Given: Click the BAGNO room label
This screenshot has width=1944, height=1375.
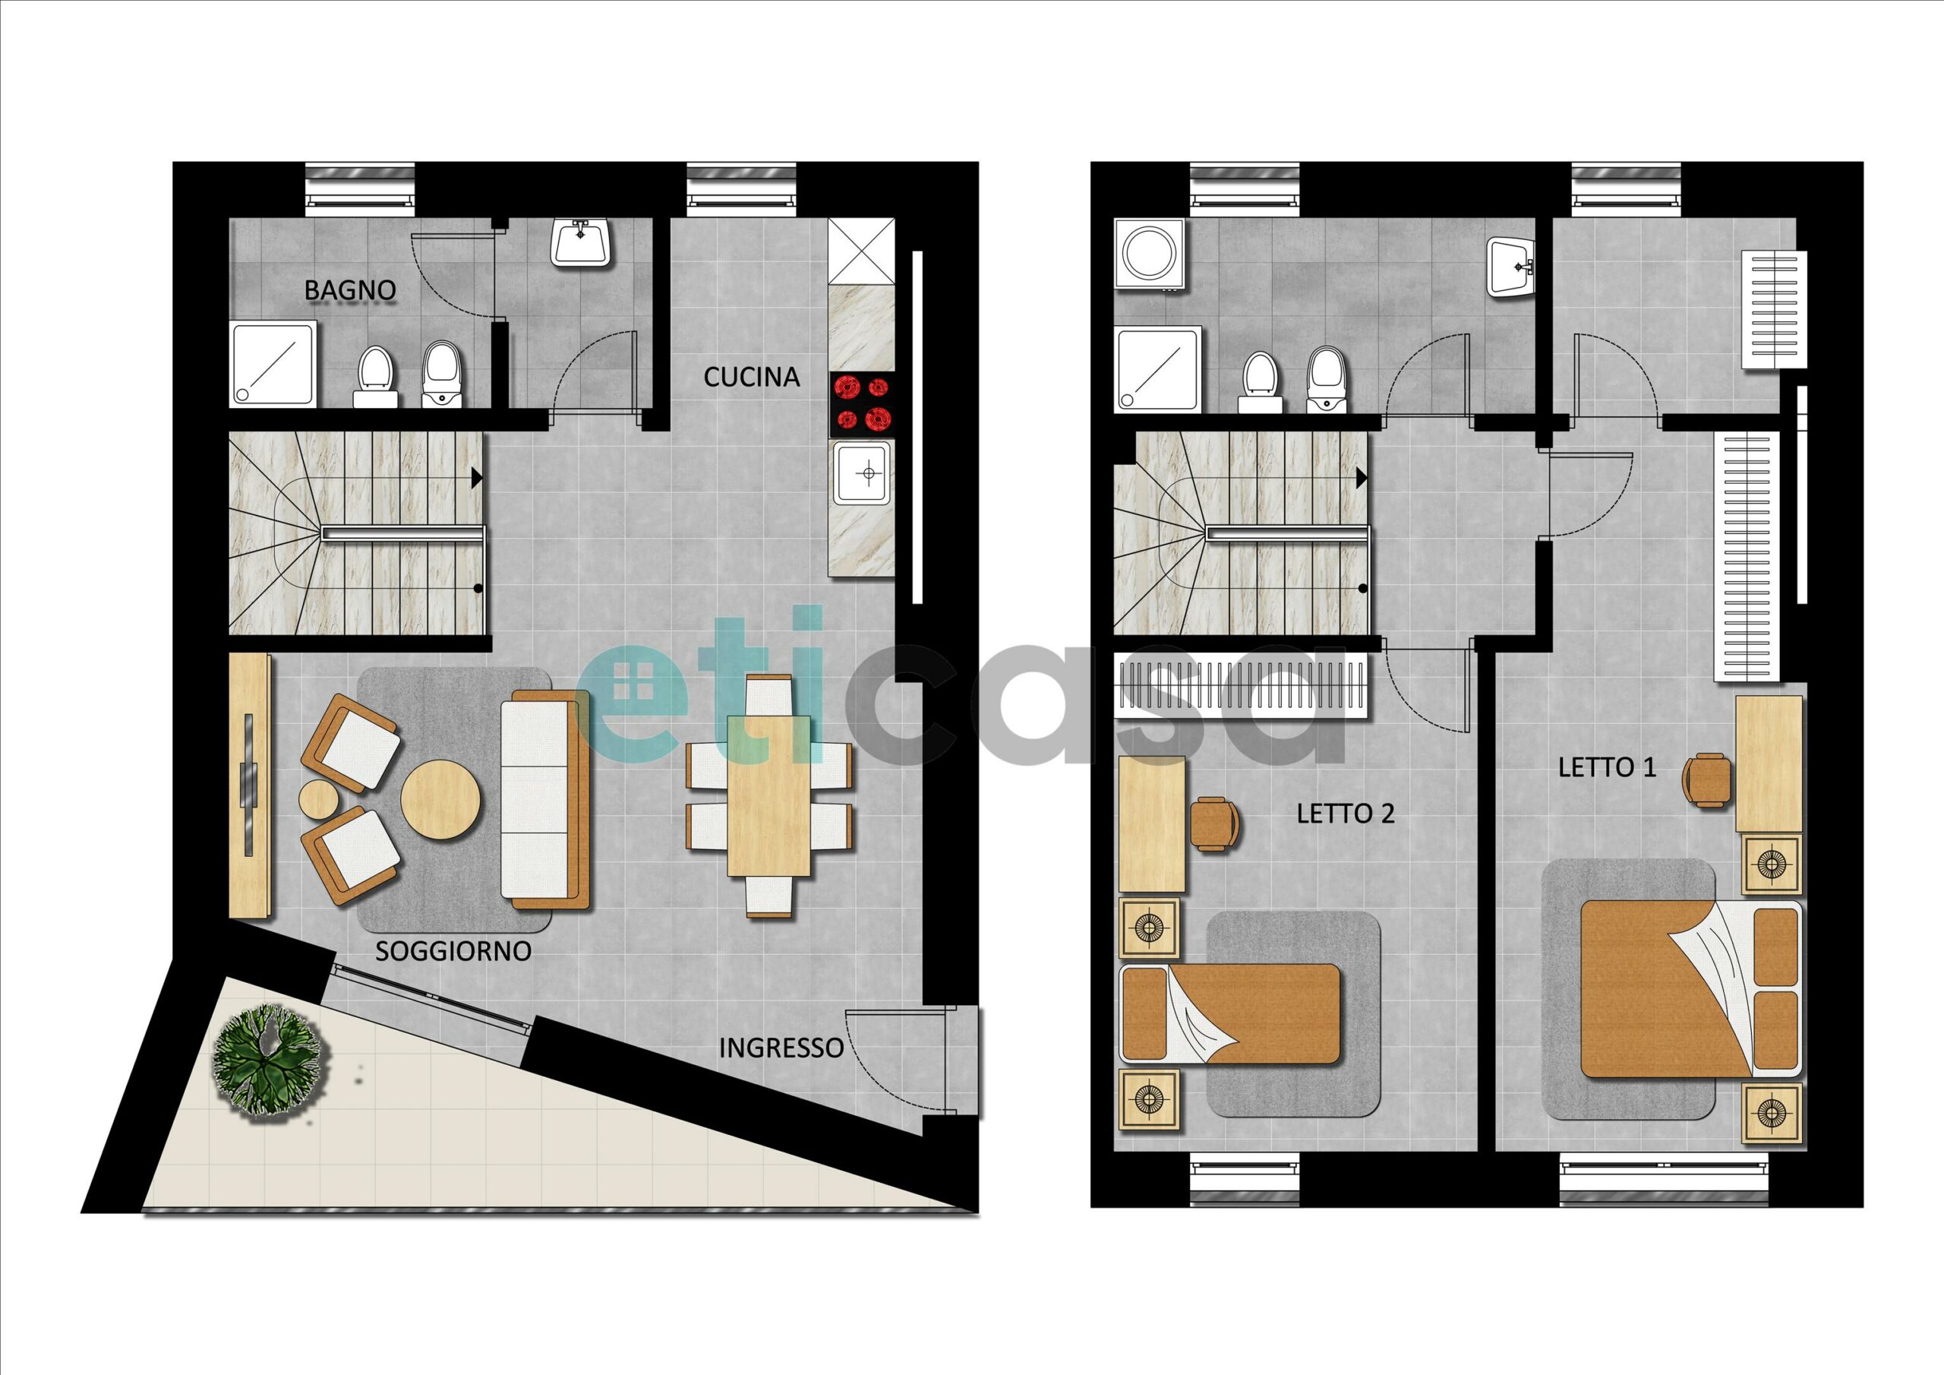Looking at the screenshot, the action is pyautogui.click(x=349, y=289).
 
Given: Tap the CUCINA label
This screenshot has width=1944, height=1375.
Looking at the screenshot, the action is pyautogui.click(x=751, y=377).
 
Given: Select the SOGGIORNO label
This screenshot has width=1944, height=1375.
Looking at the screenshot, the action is pyautogui.click(x=453, y=950).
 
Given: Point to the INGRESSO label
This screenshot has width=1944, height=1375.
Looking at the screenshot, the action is pyautogui.click(x=781, y=1048).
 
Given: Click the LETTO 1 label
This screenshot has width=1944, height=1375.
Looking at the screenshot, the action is pyautogui.click(x=1595, y=767).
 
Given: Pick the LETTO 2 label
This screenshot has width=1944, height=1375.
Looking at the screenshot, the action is pyautogui.click(x=1346, y=814).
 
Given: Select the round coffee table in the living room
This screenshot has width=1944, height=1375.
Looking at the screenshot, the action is pyautogui.click(x=440, y=800).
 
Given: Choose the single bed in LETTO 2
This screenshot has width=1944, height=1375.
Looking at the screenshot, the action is pyautogui.click(x=1230, y=1013).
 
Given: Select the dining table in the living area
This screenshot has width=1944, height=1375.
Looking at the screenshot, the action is pyautogui.click(x=770, y=796).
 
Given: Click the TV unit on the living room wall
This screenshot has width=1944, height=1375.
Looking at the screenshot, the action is pyautogui.click(x=251, y=785).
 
